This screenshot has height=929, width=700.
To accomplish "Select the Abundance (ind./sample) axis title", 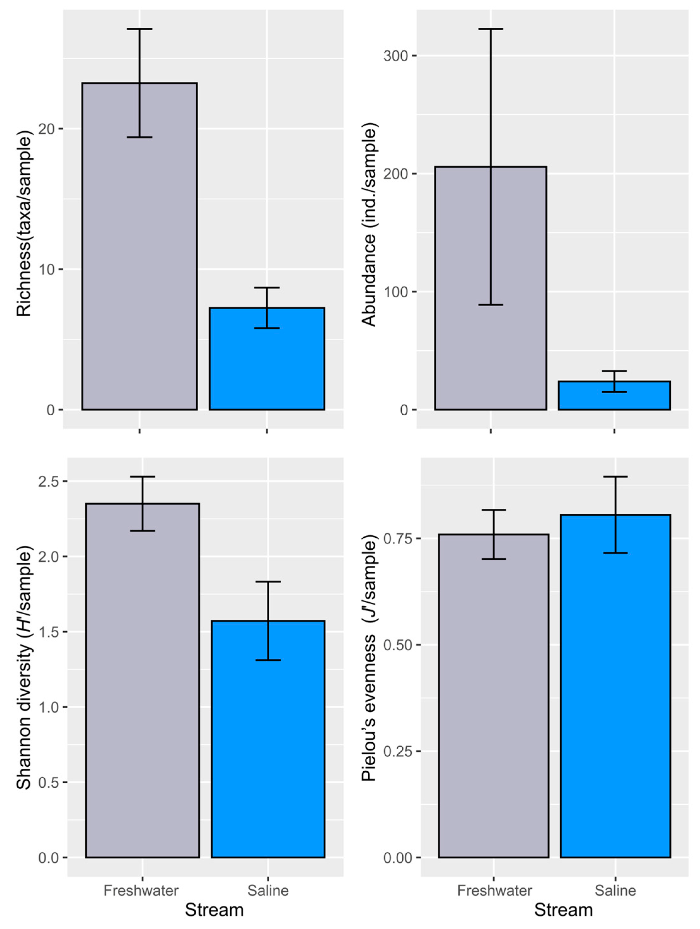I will coord(369,225).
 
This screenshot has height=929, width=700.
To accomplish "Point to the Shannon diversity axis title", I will coord(24,668).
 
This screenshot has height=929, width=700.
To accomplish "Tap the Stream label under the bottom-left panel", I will coord(214,910).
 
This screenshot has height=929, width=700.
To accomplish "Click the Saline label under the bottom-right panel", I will coord(615,890).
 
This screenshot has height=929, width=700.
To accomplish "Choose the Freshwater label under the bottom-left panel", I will coord(141,890).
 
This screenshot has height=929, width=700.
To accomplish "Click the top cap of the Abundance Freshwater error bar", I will coord(490,29).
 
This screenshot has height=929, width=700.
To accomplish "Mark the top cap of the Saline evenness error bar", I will coord(615,477).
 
